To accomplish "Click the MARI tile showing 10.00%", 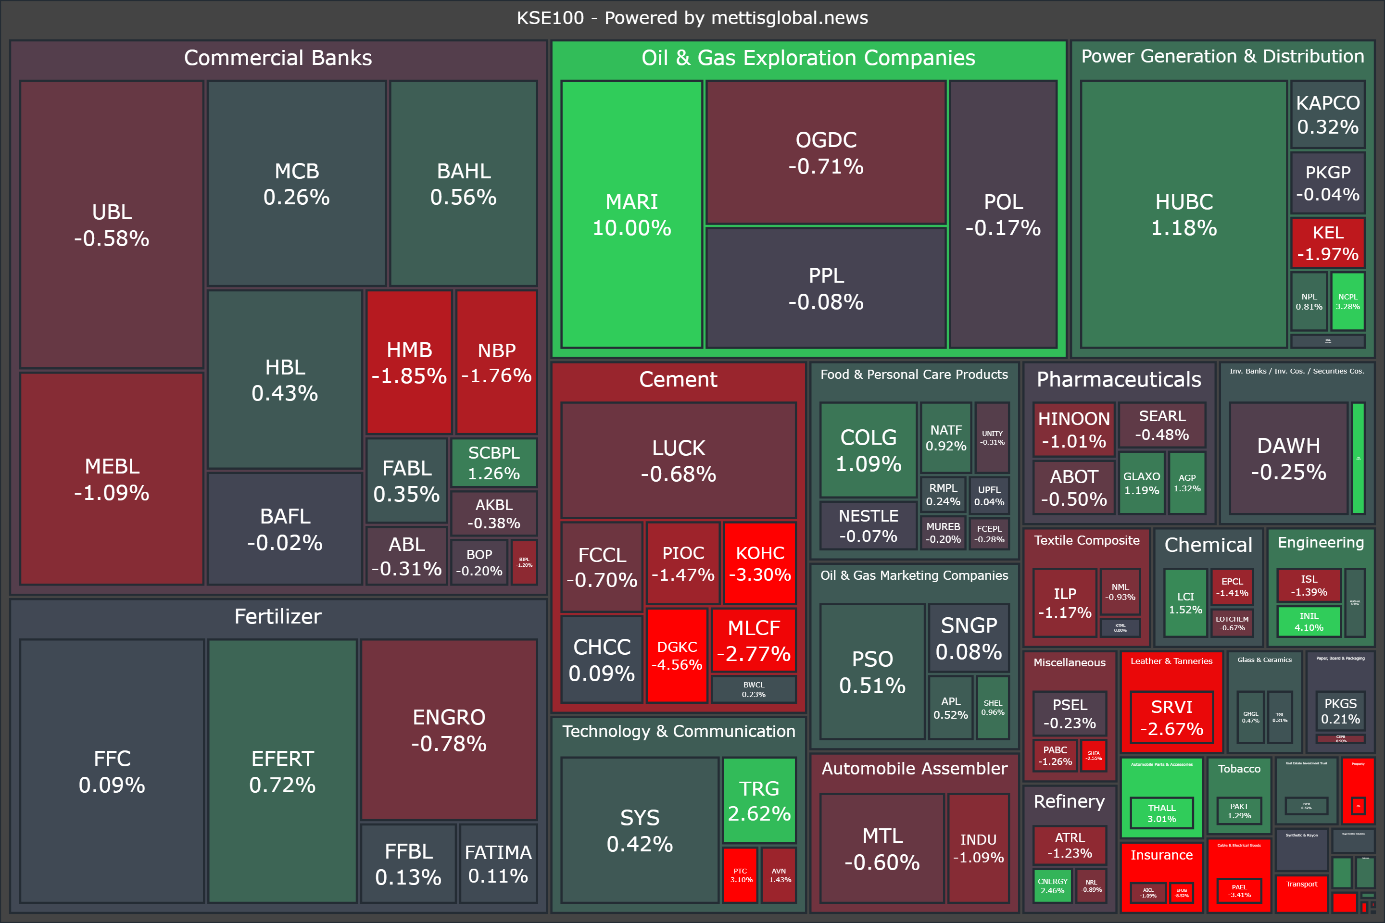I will click(x=631, y=214).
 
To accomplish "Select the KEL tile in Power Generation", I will click(x=1327, y=242).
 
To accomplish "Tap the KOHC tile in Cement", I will click(x=760, y=563).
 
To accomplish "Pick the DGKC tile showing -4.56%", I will click(x=677, y=655).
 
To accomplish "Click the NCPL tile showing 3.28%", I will click(x=1347, y=301).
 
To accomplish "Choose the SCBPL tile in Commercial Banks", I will click(x=493, y=462).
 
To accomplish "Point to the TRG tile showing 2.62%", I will click(x=759, y=800).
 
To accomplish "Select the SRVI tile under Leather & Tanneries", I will click(x=1171, y=717).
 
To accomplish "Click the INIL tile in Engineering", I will click(x=1309, y=622).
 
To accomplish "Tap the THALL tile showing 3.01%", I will click(x=1161, y=813).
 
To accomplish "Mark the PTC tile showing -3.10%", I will click(x=740, y=875).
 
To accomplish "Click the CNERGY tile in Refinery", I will click(x=1052, y=886).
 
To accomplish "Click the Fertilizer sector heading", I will click(x=278, y=616).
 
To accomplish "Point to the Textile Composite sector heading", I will click(x=1086, y=540).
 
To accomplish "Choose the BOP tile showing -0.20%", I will click(x=479, y=562).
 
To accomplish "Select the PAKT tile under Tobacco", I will click(x=1239, y=811).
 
